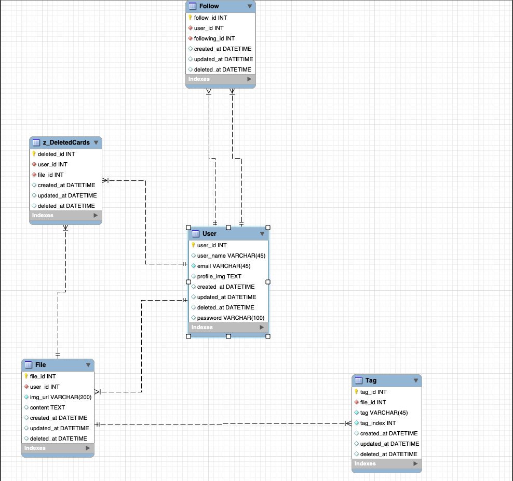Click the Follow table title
coord(209,6)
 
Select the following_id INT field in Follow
coord(214,38)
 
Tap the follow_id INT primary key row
coord(210,18)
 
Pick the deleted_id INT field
coord(56,154)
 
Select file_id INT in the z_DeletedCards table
coord(50,175)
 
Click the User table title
coord(209,234)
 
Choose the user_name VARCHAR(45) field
coord(231,256)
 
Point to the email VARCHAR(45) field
coord(223,266)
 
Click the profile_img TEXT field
coord(219,276)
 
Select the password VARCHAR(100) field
coord(231,318)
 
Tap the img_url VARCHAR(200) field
coord(60,397)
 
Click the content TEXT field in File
coord(47,407)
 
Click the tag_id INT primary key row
coord(373,392)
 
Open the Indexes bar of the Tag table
coord(386,463)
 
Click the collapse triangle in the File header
coord(88,365)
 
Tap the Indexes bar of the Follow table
coord(220,79)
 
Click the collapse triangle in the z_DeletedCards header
coord(96,143)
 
